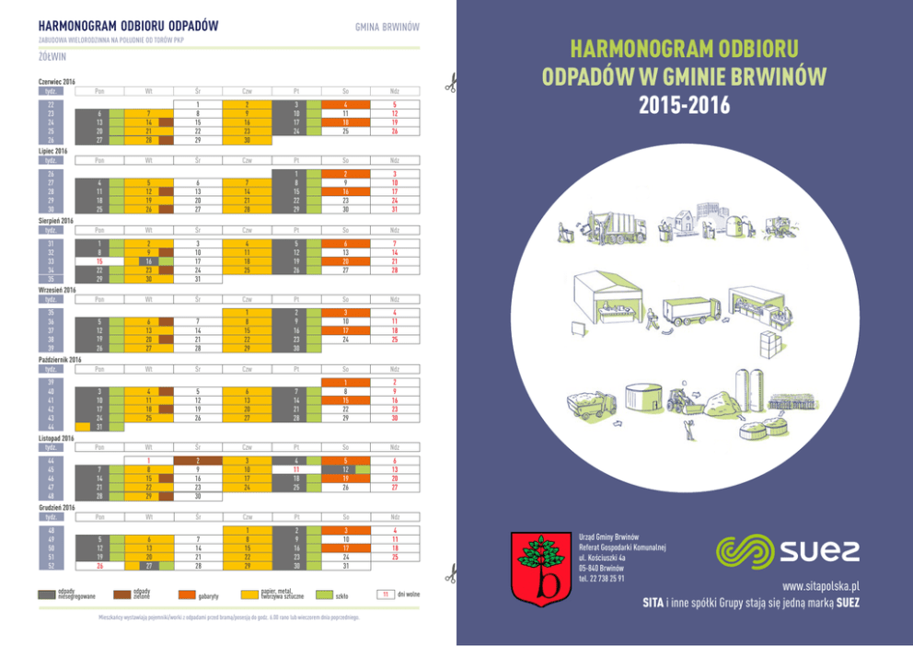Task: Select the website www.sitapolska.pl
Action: (819, 585)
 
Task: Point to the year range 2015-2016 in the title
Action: (684, 104)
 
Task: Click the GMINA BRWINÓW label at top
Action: (387, 27)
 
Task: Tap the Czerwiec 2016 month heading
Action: (57, 81)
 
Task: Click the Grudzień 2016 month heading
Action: (57, 507)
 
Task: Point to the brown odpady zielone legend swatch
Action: (118, 595)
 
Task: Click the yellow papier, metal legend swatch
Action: (249, 595)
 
